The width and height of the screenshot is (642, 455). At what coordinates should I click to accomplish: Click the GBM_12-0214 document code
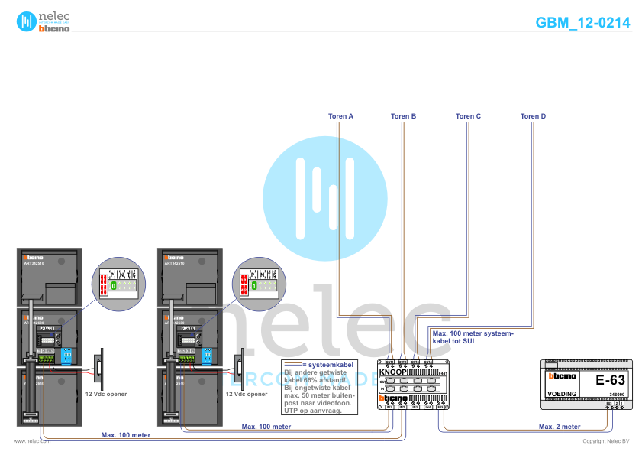(x=582, y=22)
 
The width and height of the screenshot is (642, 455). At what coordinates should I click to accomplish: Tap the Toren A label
(x=340, y=116)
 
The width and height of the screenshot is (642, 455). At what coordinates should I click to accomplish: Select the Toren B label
(x=403, y=116)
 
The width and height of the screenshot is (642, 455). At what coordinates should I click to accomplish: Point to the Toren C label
(x=468, y=116)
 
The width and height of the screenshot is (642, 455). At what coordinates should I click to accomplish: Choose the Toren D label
(x=533, y=116)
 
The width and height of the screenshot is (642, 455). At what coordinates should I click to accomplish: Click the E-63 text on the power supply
(x=610, y=380)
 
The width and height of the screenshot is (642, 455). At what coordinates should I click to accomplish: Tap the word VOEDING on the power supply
(x=563, y=394)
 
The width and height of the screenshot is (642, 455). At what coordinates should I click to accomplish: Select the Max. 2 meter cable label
(x=560, y=426)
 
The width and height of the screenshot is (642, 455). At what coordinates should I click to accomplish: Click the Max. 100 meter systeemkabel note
(x=473, y=337)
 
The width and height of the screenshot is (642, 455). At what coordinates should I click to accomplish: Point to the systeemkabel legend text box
(x=318, y=387)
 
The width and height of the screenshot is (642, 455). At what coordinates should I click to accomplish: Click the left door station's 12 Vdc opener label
(x=106, y=395)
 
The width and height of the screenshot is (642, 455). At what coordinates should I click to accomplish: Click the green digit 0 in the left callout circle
(x=113, y=285)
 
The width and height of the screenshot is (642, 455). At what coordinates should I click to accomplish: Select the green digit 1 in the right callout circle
(x=253, y=285)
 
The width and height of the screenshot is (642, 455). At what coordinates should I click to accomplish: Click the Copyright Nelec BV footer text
(x=605, y=441)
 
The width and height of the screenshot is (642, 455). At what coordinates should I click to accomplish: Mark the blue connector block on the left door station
(x=67, y=355)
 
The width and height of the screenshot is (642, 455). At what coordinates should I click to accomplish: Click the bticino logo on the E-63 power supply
(x=563, y=376)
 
